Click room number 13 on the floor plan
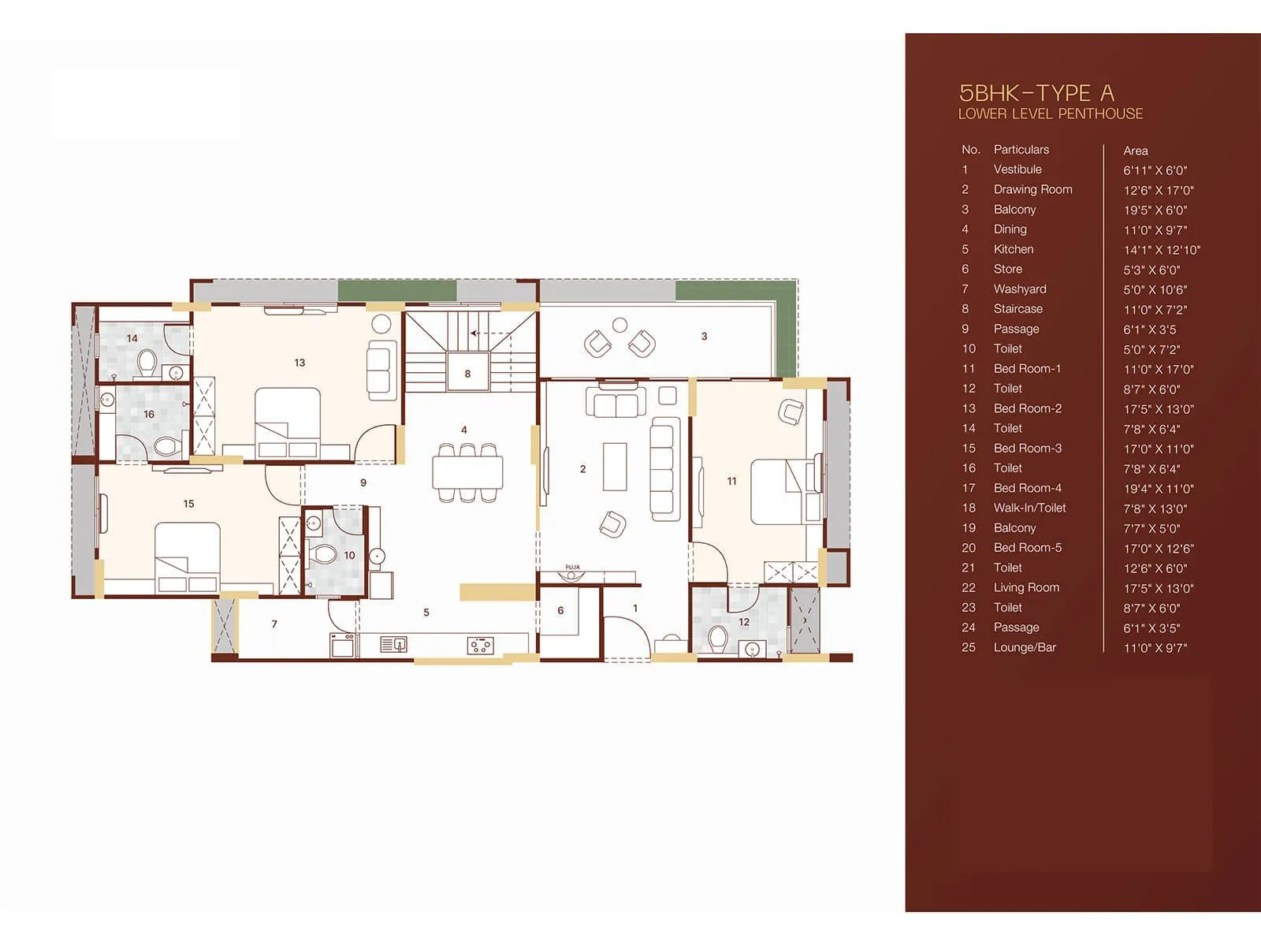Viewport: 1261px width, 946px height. [299, 363]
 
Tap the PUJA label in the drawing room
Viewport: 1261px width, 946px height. [572, 567]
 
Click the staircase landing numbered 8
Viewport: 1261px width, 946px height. [467, 373]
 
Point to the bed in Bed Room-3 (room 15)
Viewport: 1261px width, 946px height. [188, 556]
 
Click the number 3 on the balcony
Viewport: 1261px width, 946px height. [704, 336]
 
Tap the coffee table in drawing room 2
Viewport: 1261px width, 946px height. [615, 466]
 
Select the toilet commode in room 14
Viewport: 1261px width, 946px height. [146, 363]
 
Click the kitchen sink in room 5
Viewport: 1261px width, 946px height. [393, 645]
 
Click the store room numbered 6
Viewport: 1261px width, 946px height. [560, 610]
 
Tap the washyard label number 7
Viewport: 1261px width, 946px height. [274, 624]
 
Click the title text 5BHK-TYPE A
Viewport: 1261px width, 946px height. [1036, 93]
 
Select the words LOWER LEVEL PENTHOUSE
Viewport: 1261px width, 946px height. [1050, 114]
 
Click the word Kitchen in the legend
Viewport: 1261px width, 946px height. [1013, 249]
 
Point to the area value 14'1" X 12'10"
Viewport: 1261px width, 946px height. [1161, 250]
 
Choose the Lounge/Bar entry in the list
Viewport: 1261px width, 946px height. [1024, 647]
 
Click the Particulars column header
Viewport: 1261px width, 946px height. [1021, 150]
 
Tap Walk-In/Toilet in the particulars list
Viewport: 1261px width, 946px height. [1029, 508]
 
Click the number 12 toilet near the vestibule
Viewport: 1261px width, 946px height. [743, 621]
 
